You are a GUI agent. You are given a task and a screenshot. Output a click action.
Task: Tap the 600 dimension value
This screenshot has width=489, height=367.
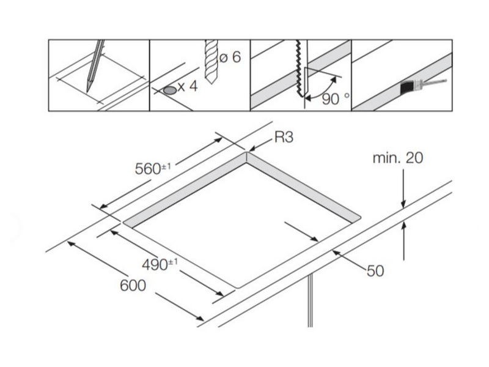132,285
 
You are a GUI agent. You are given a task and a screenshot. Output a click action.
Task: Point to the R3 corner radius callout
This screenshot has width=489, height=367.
282,138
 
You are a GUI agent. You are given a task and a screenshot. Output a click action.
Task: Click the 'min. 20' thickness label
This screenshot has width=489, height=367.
397,158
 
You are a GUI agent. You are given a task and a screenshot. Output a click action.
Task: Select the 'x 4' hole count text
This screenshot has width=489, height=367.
187,86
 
